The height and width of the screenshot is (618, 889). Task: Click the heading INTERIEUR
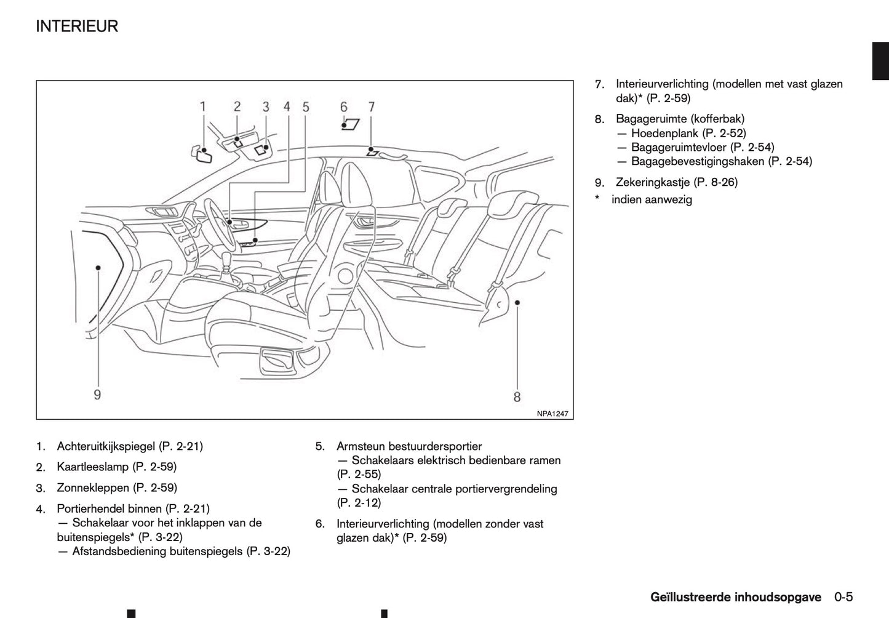[77, 26]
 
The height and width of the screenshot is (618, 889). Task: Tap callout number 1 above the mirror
[203, 106]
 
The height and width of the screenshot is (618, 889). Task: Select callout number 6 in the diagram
[344, 107]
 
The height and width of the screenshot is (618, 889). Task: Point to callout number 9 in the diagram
[97, 395]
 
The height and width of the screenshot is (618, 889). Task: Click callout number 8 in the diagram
[517, 397]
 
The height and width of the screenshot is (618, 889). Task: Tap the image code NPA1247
[552, 414]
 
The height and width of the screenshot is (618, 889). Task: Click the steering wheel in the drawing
[215, 222]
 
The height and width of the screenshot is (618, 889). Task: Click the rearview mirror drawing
[202, 154]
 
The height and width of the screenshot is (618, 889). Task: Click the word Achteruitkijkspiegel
[106, 446]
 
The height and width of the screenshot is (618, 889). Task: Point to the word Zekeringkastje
[653, 182]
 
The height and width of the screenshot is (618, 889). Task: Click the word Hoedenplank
[664, 134]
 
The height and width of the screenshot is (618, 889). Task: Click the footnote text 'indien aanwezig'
[652, 200]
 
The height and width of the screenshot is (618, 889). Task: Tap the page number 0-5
[843, 597]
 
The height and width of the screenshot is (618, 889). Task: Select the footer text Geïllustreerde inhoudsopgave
[735, 597]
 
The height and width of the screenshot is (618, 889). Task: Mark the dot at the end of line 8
[518, 302]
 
